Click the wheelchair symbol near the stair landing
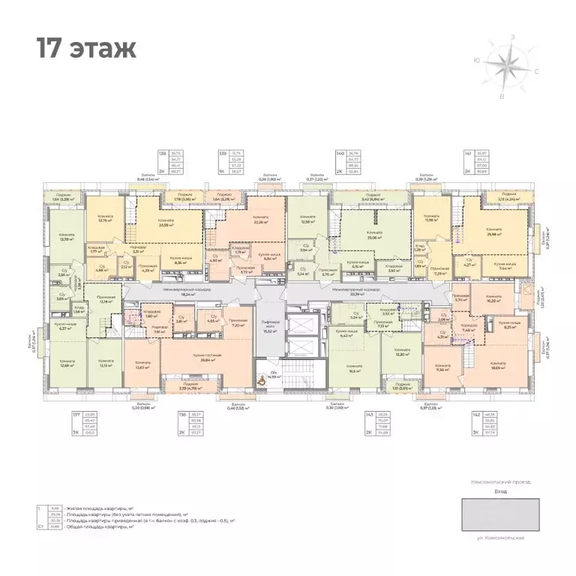tap(261, 379)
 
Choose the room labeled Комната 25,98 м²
tap(493, 232)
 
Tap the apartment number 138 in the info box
tap(162, 155)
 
